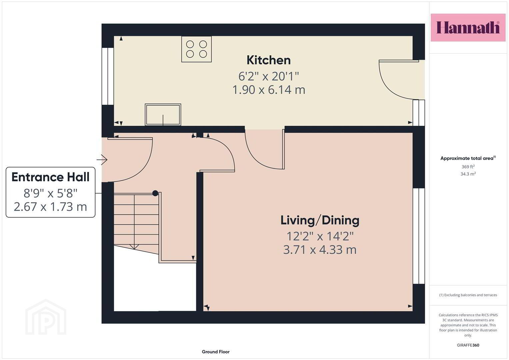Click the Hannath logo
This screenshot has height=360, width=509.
coord(468,27)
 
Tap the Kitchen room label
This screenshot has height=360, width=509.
coord(269,60)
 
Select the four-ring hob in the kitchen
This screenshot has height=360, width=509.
coord(197,49)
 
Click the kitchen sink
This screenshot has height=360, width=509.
coord(163,115)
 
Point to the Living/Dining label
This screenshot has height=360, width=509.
coord(320,220)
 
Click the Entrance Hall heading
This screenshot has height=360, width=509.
coord(50,177)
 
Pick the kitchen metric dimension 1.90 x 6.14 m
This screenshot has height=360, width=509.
coord(269,90)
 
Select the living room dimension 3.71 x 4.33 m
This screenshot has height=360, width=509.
coord(320,250)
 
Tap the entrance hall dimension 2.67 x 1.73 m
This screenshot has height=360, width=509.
coord(50,207)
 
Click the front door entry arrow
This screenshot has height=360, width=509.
coord(102,160)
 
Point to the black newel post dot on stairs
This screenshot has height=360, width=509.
coord(155,193)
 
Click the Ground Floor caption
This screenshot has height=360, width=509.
coord(216,352)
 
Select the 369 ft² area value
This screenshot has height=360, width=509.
coord(468,167)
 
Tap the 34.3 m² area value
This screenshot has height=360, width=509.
coord(468,174)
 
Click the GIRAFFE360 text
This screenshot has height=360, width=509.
coord(468,345)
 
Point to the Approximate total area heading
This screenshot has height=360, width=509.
coord(468,158)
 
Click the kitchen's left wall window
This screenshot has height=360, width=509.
coord(108,76)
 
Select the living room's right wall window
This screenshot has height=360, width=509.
coord(419,236)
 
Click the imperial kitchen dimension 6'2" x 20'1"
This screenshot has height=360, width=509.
coord(269,76)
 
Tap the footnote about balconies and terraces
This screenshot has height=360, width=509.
coord(468,295)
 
